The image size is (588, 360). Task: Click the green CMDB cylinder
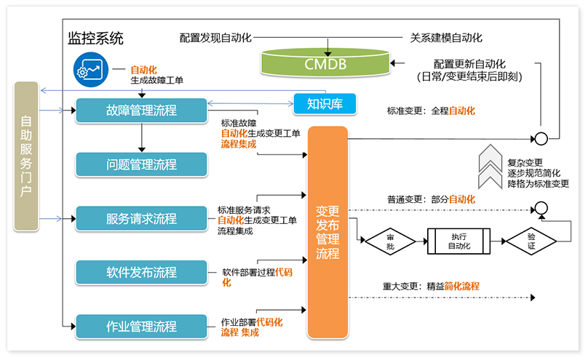[x=325, y=65]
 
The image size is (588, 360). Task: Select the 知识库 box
[x=325, y=104]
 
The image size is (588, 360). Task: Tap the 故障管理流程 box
[x=141, y=111]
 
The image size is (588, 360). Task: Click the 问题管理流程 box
[x=141, y=164]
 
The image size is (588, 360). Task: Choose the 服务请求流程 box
[x=141, y=218]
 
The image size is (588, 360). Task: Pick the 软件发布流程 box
[x=141, y=272]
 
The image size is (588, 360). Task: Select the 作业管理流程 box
[x=141, y=326]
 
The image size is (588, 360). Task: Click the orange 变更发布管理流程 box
[x=327, y=232]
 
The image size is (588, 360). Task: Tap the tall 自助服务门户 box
[x=26, y=157]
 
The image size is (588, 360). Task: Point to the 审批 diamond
[x=390, y=241]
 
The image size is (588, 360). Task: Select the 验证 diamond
[x=531, y=241]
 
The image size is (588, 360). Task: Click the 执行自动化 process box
[x=458, y=241]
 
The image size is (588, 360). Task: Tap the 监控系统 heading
[x=95, y=39]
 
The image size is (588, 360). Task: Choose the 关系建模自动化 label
[x=447, y=37]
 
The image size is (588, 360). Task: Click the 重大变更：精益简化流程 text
[x=431, y=286]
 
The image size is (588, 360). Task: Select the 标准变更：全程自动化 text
[x=431, y=111]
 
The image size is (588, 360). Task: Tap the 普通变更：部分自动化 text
[x=431, y=199]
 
